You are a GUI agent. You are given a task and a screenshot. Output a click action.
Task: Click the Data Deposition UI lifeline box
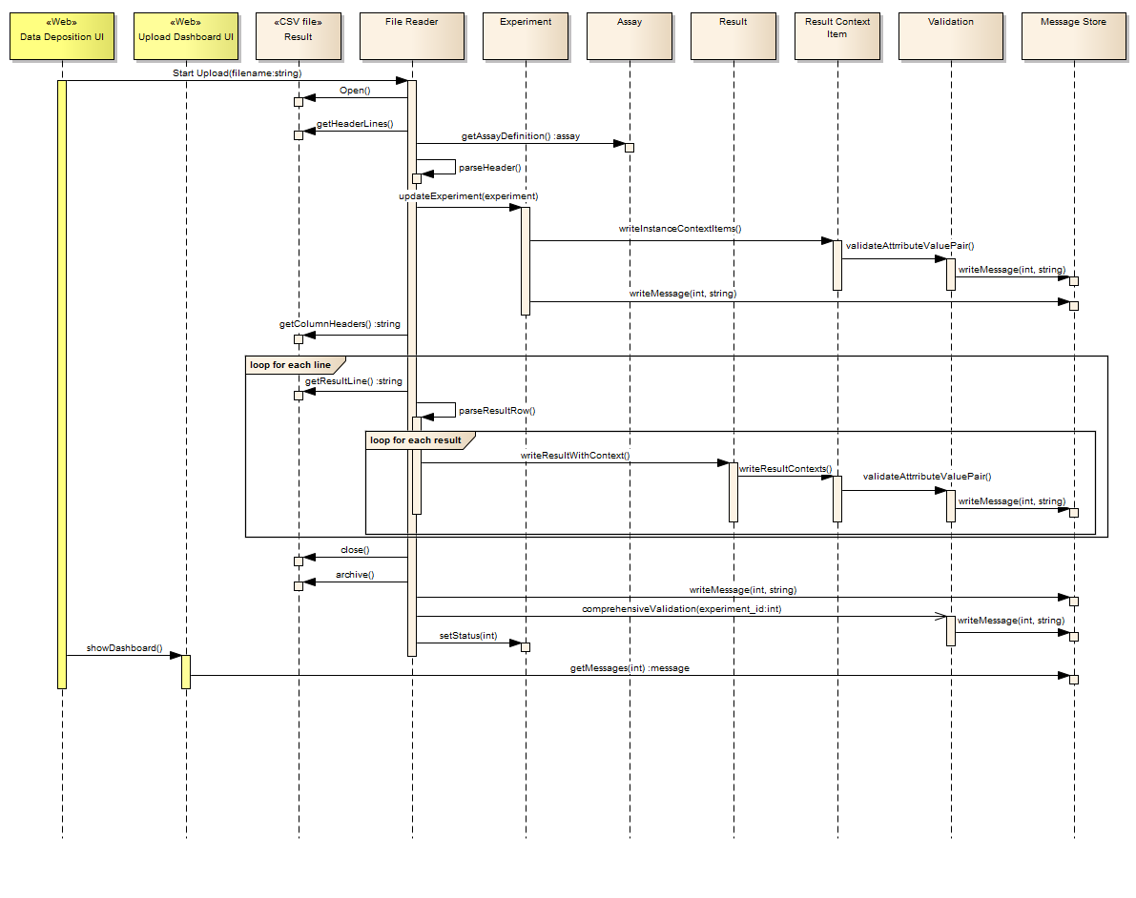[62, 36]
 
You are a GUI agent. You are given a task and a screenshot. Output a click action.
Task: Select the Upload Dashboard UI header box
[186, 36]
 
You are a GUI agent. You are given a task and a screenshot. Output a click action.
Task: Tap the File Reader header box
[412, 36]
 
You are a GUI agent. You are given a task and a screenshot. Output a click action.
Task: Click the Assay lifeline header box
[630, 36]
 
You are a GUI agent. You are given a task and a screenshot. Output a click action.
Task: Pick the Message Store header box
[1073, 36]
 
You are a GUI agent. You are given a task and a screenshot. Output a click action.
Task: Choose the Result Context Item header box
[837, 36]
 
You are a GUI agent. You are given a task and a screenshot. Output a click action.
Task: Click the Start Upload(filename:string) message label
[237, 72]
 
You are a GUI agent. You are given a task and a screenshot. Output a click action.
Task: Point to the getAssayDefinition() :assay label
[520, 136]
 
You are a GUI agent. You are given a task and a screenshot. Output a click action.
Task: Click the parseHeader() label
[490, 167]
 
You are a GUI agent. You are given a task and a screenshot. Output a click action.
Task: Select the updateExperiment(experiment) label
[468, 196]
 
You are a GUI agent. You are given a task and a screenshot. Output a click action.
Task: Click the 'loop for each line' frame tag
[290, 365]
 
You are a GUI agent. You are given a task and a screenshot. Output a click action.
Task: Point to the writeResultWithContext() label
[575, 456]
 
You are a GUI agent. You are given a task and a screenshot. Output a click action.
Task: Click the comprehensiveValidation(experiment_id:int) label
[681, 608]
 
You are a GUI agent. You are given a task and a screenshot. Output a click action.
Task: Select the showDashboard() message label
[125, 647]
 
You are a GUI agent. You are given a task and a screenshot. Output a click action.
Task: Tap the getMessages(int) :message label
[630, 668]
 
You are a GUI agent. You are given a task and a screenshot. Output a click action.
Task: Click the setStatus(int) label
[467, 635]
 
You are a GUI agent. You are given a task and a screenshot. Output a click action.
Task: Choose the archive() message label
[355, 575]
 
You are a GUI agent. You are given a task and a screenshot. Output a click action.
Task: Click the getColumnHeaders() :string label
[340, 324]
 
